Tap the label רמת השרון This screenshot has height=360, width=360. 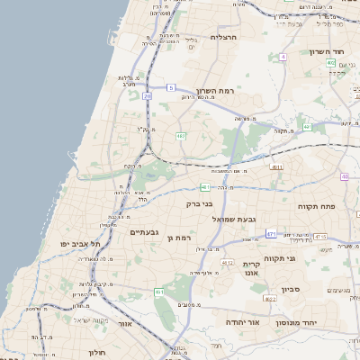[x=213, y=93]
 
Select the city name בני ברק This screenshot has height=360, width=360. [x=199, y=204]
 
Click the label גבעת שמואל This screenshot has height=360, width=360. [x=235, y=219]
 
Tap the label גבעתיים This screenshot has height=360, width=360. [x=144, y=232]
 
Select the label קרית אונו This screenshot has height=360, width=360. [x=251, y=268]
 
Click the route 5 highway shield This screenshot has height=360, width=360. [x=170, y=87]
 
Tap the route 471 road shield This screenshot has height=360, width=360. [x=271, y=234]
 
